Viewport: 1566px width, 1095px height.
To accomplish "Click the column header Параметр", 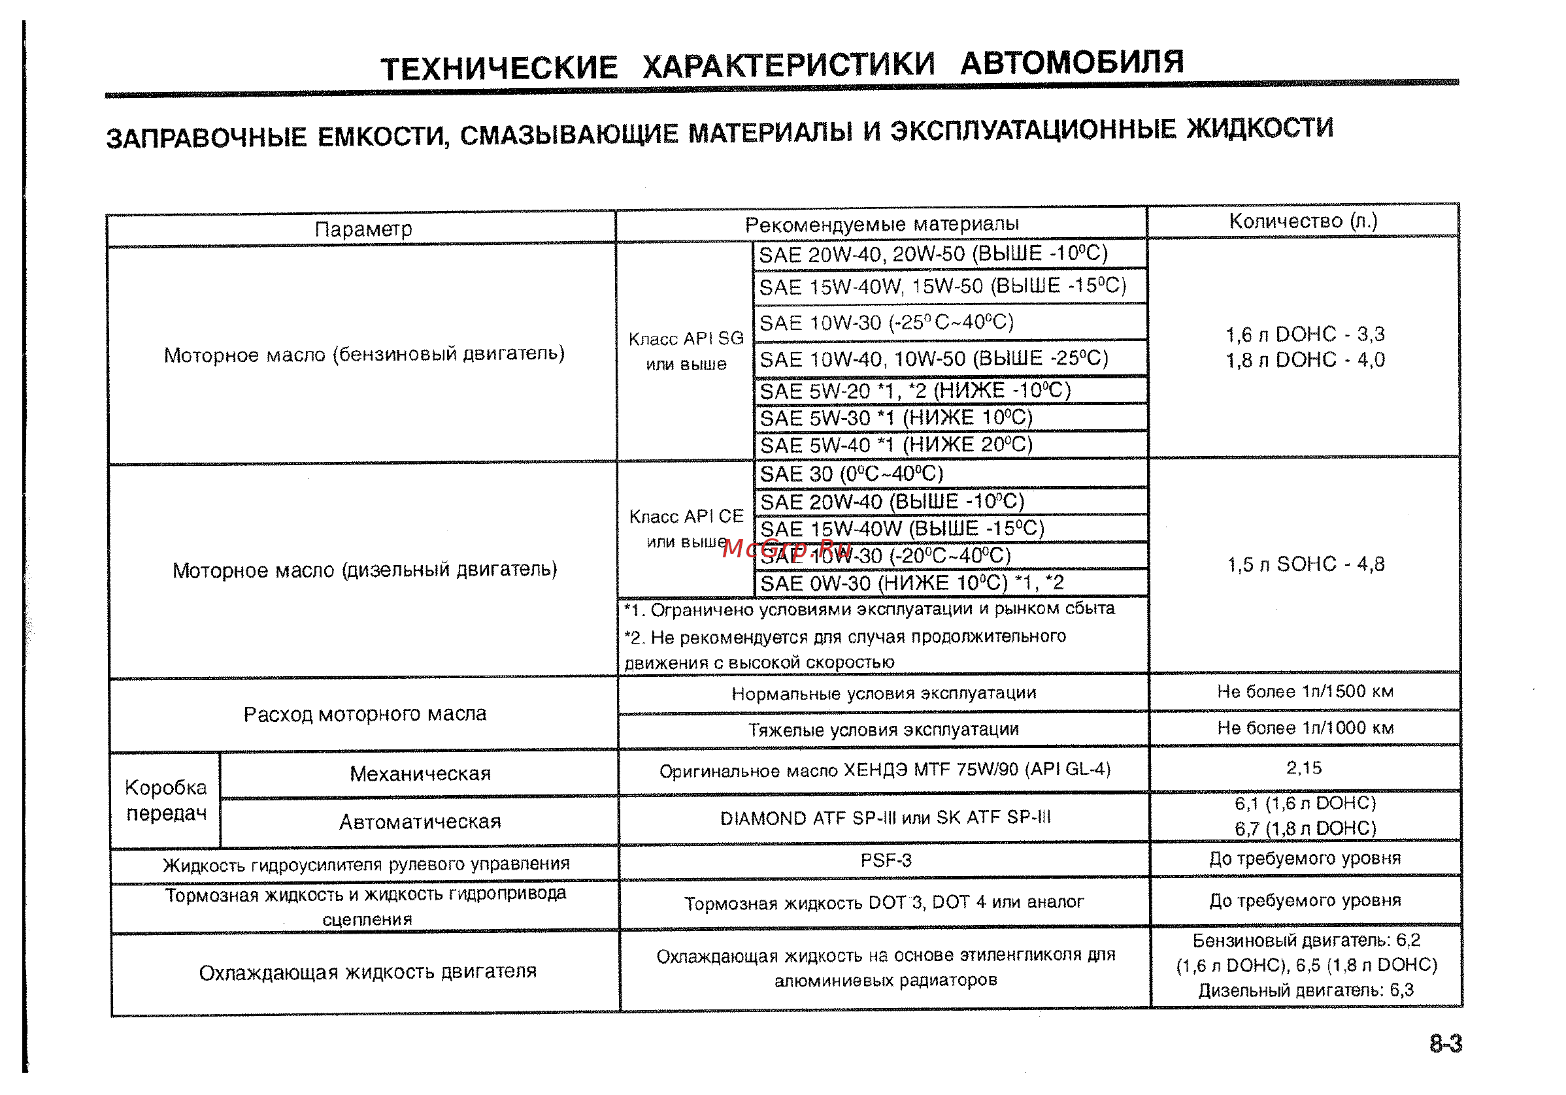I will click(363, 229).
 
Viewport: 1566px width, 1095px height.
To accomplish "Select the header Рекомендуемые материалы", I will click(881, 224).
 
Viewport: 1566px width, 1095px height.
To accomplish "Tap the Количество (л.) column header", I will click(1303, 221).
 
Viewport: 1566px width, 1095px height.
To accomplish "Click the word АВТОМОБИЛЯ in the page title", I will click(1071, 63).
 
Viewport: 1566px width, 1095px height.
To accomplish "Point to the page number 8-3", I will click(1445, 1044).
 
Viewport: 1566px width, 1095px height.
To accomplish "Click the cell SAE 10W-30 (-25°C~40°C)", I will click(887, 323).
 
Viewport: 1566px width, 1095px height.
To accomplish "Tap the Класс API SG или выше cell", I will click(686, 351).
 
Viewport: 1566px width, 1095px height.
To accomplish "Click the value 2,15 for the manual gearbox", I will click(1304, 768).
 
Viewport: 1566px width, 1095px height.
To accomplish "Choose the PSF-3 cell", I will click(886, 860).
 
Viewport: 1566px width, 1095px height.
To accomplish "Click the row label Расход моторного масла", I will click(365, 715).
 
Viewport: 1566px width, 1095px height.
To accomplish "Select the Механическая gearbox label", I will click(420, 774).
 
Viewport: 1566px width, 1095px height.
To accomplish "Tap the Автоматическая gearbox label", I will click(420, 823).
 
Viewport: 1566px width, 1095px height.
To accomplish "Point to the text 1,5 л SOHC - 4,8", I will click(1305, 564).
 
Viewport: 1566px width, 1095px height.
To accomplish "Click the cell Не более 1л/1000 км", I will click(1305, 728).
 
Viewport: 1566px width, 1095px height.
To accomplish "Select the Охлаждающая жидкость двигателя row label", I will click(367, 972).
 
